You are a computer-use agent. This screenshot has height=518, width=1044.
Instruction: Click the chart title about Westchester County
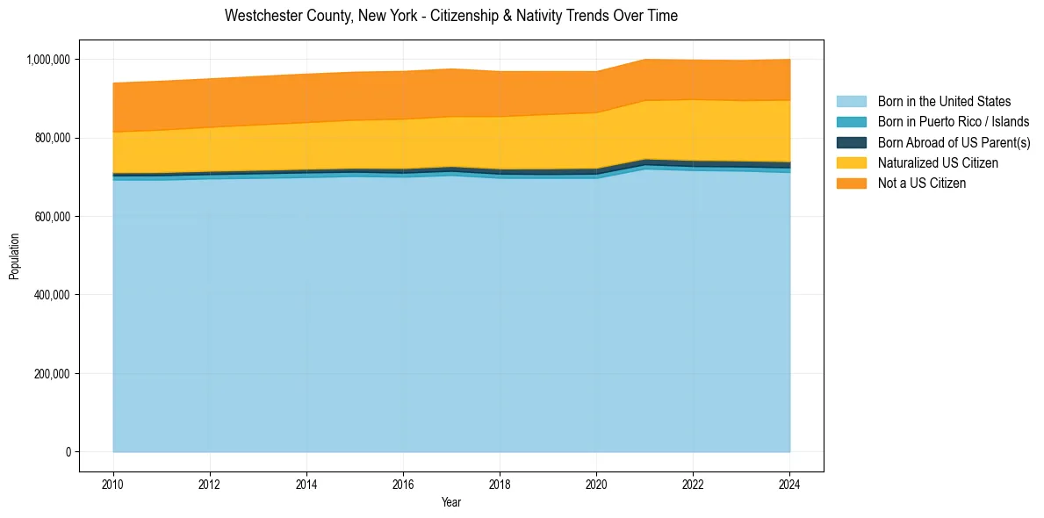450,16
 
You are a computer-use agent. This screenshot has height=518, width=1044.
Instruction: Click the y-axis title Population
14,255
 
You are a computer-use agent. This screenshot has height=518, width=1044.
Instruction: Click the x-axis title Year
450,503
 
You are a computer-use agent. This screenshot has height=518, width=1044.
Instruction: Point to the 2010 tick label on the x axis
112,485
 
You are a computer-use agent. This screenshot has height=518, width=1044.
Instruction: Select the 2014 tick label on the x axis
306,485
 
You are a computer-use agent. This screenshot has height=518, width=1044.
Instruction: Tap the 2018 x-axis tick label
500,485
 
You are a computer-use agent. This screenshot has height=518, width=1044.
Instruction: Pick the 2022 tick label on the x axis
693,485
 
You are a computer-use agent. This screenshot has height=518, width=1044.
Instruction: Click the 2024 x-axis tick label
789,485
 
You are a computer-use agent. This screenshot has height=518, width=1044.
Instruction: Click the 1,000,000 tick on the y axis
50,60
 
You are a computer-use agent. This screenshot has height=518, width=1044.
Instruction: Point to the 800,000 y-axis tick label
54,138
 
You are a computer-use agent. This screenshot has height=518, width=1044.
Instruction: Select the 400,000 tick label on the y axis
54,295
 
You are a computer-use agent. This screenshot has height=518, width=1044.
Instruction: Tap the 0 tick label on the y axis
68,452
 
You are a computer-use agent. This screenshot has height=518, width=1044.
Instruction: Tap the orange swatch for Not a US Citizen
851,183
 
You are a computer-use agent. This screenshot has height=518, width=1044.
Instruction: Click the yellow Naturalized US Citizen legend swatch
851,162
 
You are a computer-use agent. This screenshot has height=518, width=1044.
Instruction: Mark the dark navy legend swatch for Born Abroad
851,142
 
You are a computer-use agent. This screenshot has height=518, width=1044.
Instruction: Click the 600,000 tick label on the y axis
54,217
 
